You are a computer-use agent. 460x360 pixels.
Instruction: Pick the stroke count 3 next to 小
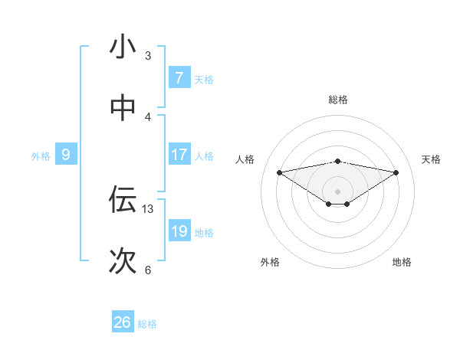click(148, 56)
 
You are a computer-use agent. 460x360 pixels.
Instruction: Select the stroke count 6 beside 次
click(148, 270)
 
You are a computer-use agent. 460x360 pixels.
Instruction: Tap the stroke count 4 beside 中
click(148, 116)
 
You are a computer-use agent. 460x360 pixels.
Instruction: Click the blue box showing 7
click(179, 78)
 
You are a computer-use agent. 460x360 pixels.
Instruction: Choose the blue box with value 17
click(179, 155)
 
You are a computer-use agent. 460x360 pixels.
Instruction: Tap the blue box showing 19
click(179, 231)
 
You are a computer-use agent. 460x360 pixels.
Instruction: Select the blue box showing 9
click(66, 155)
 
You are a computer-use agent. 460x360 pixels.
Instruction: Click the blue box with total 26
click(123, 322)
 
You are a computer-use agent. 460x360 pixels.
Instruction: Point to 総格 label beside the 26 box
click(148, 324)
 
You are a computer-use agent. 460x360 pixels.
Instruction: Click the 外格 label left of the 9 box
click(41, 156)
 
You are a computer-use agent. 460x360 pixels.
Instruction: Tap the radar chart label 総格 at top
click(338, 100)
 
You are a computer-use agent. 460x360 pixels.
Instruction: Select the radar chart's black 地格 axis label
click(402, 262)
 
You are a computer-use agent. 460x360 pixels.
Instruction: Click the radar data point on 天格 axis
click(396, 172)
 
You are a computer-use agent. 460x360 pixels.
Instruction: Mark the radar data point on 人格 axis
click(280, 172)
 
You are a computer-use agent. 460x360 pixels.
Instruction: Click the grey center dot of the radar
click(338, 191)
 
